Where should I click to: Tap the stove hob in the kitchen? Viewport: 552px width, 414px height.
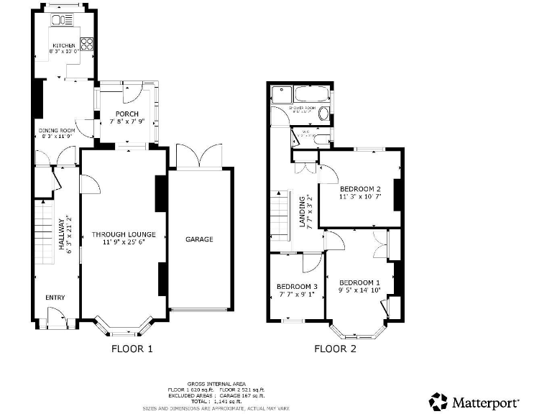point(86,44)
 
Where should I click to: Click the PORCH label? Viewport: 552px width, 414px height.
point(127,114)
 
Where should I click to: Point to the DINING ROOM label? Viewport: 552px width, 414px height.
point(57,130)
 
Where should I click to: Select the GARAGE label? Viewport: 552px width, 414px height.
point(199,239)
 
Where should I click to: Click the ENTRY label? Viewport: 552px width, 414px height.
point(55,297)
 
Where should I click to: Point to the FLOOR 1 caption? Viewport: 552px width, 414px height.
point(132,349)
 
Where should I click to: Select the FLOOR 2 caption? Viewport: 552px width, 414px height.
point(335,349)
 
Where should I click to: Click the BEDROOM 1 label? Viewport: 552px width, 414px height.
point(359,282)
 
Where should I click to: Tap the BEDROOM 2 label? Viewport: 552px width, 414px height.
point(360,189)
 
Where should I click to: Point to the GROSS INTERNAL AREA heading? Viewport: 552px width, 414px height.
point(216,383)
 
